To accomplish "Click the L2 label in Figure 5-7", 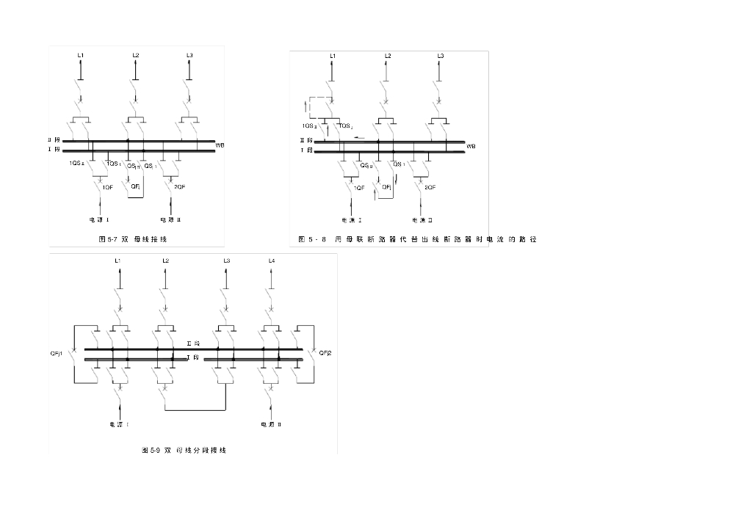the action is (x=136, y=56).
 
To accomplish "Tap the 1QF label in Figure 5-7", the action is (x=108, y=188).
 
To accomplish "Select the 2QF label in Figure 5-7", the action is (x=179, y=188).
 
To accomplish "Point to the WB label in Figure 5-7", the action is (x=220, y=145).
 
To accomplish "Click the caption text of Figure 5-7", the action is (x=133, y=239).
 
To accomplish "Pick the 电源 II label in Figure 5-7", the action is (x=170, y=219).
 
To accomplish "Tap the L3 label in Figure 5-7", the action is (x=189, y=56).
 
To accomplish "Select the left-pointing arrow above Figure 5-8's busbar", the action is (x=359, y=136).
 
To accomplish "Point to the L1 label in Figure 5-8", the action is (x=333, y=56).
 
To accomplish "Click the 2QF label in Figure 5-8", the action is (x=430, y=188).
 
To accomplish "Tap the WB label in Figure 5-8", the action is (x=471, y=146).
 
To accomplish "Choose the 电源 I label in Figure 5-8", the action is (x=352, y=219).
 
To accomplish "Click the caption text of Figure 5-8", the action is (x=417, y=239).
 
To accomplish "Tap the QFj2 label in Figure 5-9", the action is (x=325, y=353).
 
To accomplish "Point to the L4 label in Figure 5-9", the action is (x=272, y=260).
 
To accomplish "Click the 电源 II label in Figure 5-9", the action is (x=271, y=424).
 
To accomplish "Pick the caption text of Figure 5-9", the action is (x=184, y=450).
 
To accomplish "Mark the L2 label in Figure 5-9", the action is (x=165, y=260).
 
